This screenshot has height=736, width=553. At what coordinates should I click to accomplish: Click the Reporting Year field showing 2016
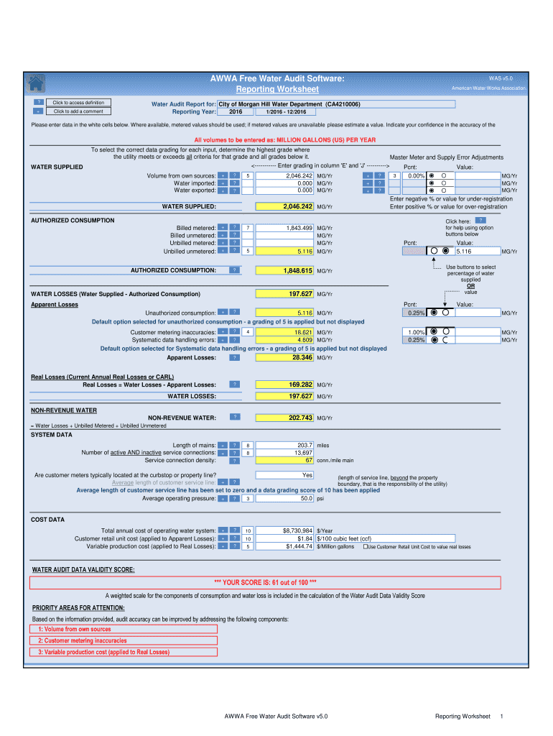236,112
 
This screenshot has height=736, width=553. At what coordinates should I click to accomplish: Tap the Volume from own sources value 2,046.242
285,175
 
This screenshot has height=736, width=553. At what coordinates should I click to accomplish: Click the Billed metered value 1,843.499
285,228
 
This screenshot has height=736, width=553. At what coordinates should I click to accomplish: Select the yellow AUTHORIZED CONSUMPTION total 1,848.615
285,271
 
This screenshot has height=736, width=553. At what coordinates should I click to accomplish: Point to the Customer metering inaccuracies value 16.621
285,333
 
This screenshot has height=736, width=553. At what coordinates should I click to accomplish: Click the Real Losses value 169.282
285,385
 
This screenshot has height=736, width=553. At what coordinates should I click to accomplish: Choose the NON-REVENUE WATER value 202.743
285,418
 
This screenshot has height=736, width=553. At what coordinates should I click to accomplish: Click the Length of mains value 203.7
285,445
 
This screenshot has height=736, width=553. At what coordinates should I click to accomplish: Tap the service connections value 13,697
285,453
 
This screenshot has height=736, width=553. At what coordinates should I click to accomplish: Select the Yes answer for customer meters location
285,475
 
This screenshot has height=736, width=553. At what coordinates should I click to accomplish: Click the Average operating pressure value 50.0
285,498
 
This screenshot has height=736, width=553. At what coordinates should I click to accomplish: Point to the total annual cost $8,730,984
285,530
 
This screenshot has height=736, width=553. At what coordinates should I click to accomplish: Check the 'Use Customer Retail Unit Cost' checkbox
366,546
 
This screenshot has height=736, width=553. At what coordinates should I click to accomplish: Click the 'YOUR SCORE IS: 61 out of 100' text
266,583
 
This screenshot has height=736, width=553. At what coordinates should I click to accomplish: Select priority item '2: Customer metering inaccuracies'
83,640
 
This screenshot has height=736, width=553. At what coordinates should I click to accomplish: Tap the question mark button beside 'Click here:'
480,220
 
